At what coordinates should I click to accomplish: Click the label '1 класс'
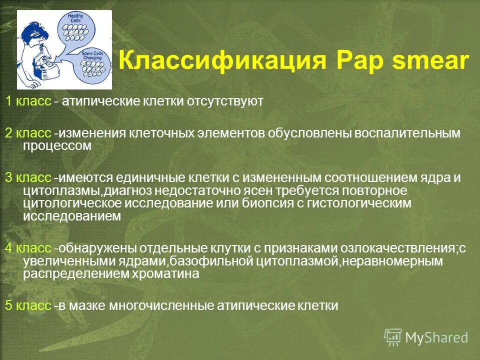point(28,102)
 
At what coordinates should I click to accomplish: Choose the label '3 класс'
point(28,178)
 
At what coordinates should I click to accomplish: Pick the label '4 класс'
point(28,249)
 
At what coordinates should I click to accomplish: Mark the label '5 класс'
point(28,305)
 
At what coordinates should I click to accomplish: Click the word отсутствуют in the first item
point(225,102)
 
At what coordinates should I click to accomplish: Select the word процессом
point(57,146)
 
